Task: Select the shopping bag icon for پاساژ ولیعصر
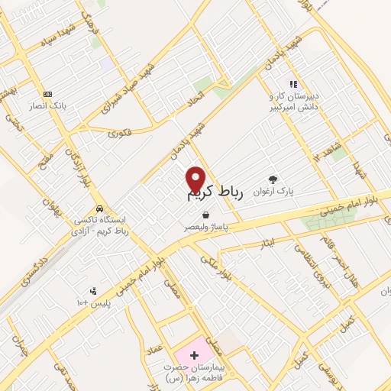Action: [205, 216]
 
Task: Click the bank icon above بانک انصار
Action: [47, 94]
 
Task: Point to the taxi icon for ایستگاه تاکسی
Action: [100, 208]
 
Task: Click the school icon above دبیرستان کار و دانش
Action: [292, 84]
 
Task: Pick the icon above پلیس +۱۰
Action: [93, 290]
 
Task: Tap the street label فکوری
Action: [121, 134]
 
